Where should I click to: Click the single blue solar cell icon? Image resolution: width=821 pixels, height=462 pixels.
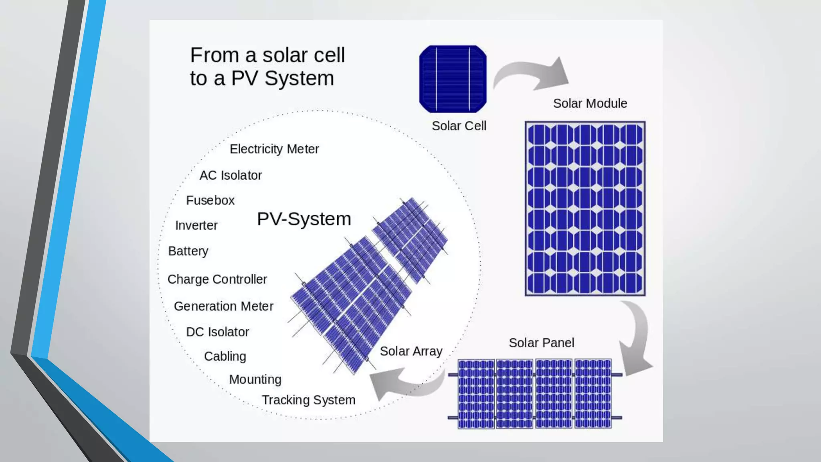[x=453, y=79]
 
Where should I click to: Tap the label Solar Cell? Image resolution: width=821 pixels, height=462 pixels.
[x=459, y=126]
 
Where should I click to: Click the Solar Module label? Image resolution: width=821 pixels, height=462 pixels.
[x=590, y=103]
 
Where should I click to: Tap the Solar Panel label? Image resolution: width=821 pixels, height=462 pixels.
[x=541, y=343]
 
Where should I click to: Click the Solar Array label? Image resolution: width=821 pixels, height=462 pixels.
[x=411, y=351]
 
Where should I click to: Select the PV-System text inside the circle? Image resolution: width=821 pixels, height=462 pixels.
[x=304, y=219]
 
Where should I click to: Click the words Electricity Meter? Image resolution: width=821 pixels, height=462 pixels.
[x=274, y=149]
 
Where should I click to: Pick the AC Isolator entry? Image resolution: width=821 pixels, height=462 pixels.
[x=231, y=175]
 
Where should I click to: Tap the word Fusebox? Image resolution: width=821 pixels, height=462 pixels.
[x=210, y=201]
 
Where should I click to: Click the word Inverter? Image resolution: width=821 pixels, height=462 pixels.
[x=196, y=225]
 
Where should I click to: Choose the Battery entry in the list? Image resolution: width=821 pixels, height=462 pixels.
[x=188, y=251]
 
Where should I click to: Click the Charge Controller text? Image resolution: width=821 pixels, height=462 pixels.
[x=217, y=279]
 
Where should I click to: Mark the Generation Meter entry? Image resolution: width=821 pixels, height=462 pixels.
[x=223, y=306]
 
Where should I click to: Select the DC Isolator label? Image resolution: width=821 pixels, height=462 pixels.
[x=217, y=332]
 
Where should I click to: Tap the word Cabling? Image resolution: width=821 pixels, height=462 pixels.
[x=225, y=356]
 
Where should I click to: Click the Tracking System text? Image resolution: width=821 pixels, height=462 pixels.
[x=308, y=400]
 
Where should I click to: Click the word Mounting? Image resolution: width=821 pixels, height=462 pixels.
[x=255, y=379]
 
